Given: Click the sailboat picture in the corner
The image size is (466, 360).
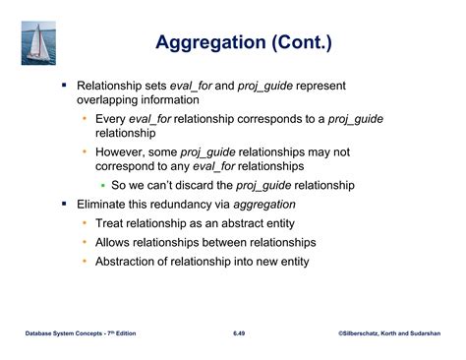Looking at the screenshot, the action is coord(38,43).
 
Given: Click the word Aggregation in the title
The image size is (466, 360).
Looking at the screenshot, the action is coord(210,43).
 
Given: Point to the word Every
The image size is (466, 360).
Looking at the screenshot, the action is coord(110,119).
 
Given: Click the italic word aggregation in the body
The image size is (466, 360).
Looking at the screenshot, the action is coord(264,205).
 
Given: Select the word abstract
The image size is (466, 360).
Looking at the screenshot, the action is coord(243,223).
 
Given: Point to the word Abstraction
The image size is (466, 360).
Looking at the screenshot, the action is coord(122,262).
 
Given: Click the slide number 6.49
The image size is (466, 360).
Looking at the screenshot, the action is coord(239,333).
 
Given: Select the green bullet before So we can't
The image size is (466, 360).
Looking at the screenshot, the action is coord(103,186).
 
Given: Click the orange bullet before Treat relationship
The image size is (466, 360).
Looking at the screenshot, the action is coord(85,223).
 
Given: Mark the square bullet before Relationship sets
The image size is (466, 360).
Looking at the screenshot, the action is coord(64,86).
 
